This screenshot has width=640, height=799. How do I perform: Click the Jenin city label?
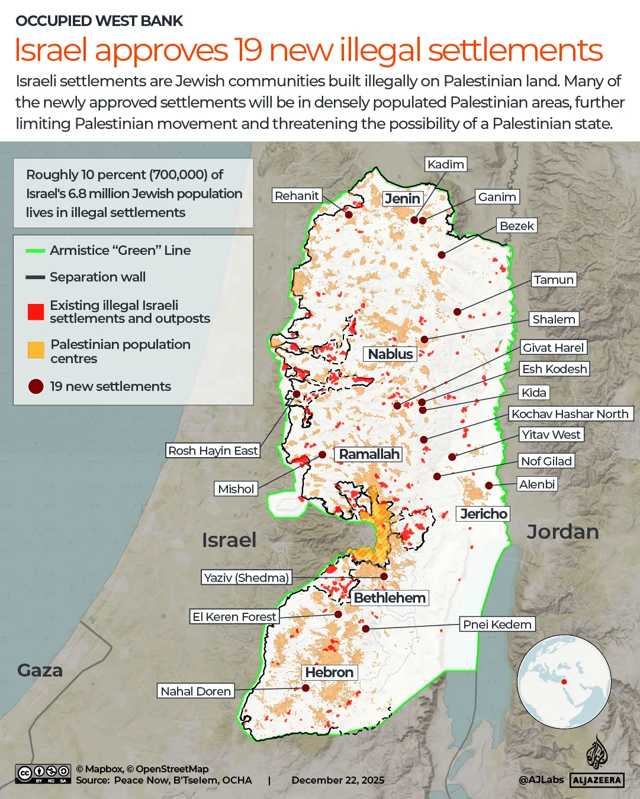click(403, 199)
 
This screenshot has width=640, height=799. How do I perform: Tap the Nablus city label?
click(390, 354)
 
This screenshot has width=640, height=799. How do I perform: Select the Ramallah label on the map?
click(369, 454)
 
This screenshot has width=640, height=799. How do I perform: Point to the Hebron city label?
click(329, 672)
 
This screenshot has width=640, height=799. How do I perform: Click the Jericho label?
click(484, 514)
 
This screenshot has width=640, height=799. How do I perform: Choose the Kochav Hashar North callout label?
click(570, 414)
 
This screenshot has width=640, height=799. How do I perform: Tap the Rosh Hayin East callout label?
click(213, 451)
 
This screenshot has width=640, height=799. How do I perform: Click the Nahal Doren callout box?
click(195, 691)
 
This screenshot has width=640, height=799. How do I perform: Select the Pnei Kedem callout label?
click(497, 625)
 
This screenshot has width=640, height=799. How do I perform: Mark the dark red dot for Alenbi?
click(489, 486)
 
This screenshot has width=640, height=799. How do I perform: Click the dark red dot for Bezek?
click(442, 255)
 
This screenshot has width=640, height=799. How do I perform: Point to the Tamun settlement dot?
click(458, 312)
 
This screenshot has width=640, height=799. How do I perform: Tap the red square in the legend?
click(36, 312)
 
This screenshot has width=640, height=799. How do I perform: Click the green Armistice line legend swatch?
click(36, 251)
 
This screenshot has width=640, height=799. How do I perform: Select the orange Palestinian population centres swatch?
click(36, 350)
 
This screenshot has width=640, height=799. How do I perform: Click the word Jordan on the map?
click(562, 532)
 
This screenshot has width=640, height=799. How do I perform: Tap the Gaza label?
click(40, 671)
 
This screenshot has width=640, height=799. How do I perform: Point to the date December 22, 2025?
click(337, 780)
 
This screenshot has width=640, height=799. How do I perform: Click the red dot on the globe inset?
click(564, 682)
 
